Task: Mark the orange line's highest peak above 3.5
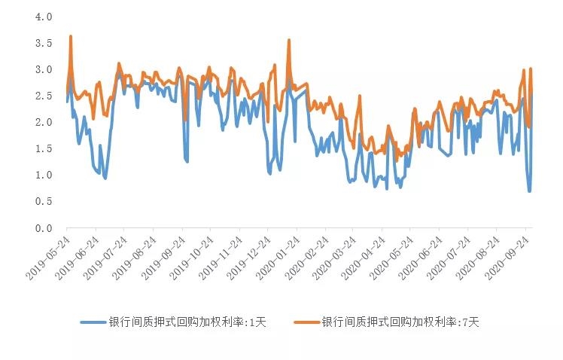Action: click(x=70, y=36)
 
